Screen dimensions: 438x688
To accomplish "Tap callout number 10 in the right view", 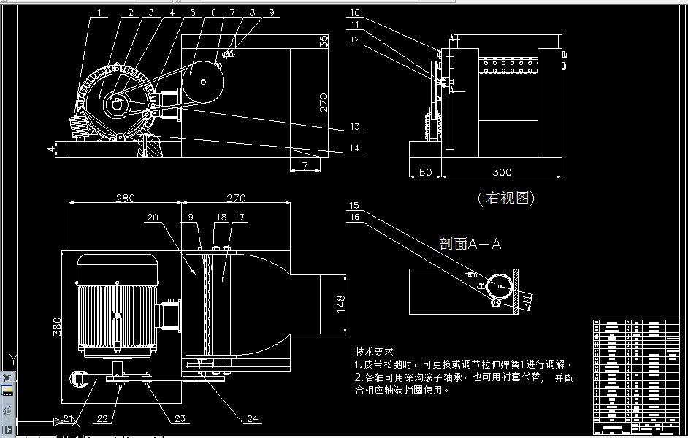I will pyautogui.click(x=354, y=13).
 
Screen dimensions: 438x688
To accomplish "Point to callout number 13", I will pyautogui.click(x=354, y=127).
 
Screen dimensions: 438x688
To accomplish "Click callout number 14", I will pyautogui.click(x=354, y=149).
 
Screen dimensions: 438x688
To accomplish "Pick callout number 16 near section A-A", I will pyautogui.click(x=354, y=217).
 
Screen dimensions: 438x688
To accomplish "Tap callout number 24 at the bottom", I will pyautogui.click(x=253, y=419).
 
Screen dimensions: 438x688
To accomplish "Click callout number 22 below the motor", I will pyautogui.click(x=103, y=419).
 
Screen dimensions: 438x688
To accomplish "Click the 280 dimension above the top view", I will pyautogui.click(x=125, y=197).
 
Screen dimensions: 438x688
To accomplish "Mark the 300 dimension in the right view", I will pyautogui.click(x=502, y=172).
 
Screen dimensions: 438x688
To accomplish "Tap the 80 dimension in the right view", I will pyautogui.click(x=426, y=172).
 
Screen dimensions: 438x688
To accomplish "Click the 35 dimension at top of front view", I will pyautogui.click(x=324, y=42).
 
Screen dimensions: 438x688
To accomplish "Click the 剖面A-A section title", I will pyautogui.click(x=470, y=244).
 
